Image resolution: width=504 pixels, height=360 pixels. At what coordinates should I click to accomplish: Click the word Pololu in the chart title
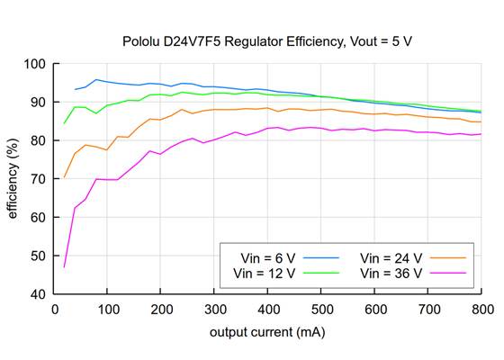142,41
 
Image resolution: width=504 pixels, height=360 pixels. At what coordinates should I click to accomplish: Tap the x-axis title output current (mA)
267,332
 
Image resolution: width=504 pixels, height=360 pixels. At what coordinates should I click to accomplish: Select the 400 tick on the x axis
267,310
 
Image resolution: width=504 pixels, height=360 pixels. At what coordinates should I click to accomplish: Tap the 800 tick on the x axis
481,310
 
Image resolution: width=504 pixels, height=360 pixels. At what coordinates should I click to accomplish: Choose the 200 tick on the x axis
161,310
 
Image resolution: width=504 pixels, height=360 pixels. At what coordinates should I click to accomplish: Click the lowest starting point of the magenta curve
64,266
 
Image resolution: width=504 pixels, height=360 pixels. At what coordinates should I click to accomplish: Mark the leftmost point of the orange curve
64,177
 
